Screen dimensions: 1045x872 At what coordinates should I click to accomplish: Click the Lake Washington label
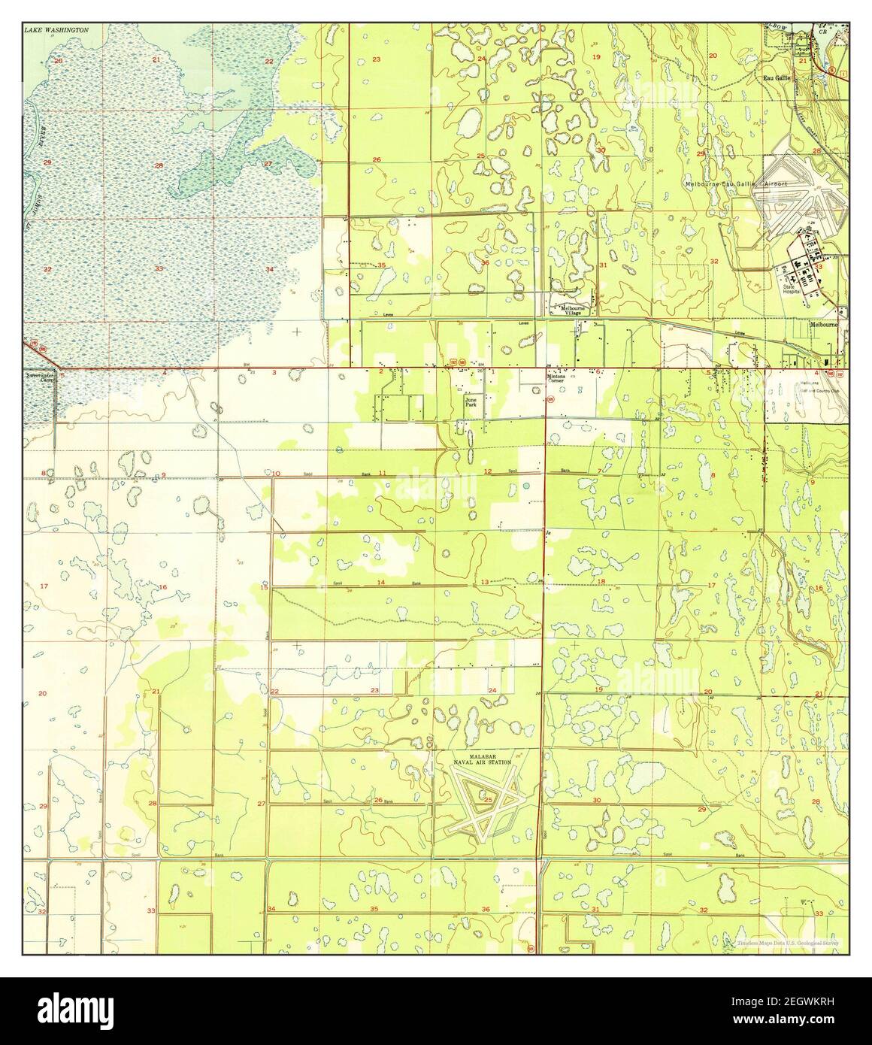tap(56, 30)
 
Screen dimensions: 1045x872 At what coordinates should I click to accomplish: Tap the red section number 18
tap(601, 582)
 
